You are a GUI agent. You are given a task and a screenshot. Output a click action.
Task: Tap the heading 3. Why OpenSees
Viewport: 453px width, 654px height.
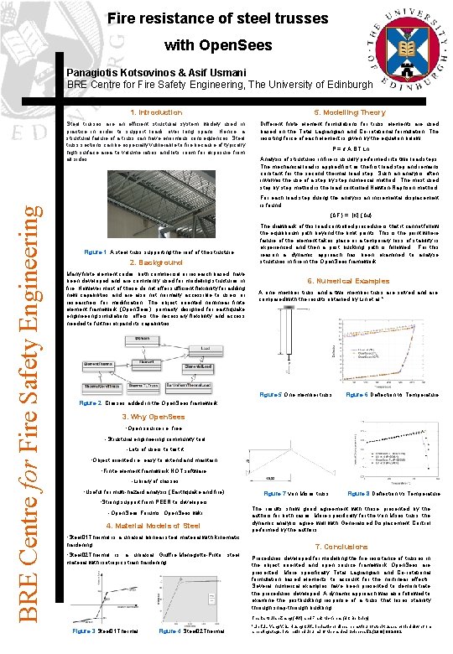click(x=154, y=417)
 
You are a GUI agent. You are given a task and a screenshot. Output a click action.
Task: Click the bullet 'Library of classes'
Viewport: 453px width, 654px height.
click(x=154, y=480)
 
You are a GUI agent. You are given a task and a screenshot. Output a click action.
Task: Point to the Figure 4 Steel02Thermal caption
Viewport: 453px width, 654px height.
click(x=191, y=630)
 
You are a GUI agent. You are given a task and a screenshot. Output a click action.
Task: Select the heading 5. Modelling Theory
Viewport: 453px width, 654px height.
click(x=349, y=112)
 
